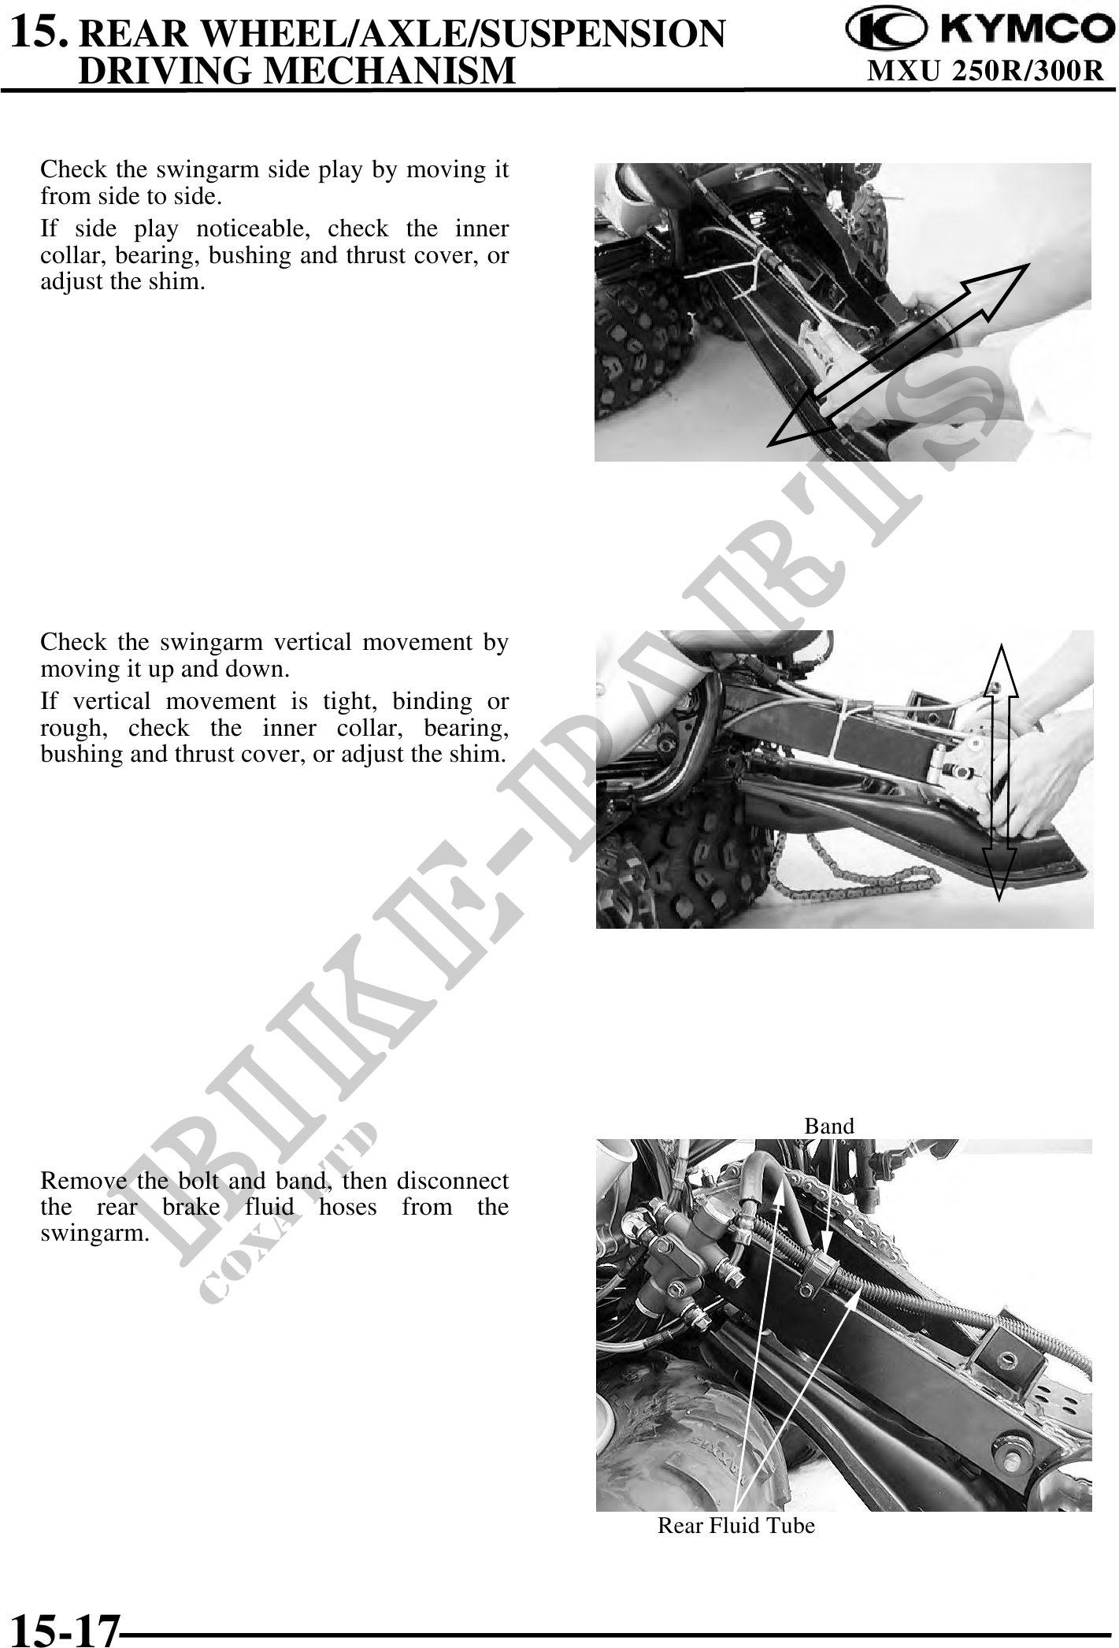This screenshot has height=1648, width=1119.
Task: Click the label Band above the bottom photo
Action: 828,1126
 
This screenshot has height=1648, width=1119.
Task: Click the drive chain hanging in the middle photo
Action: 850,878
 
